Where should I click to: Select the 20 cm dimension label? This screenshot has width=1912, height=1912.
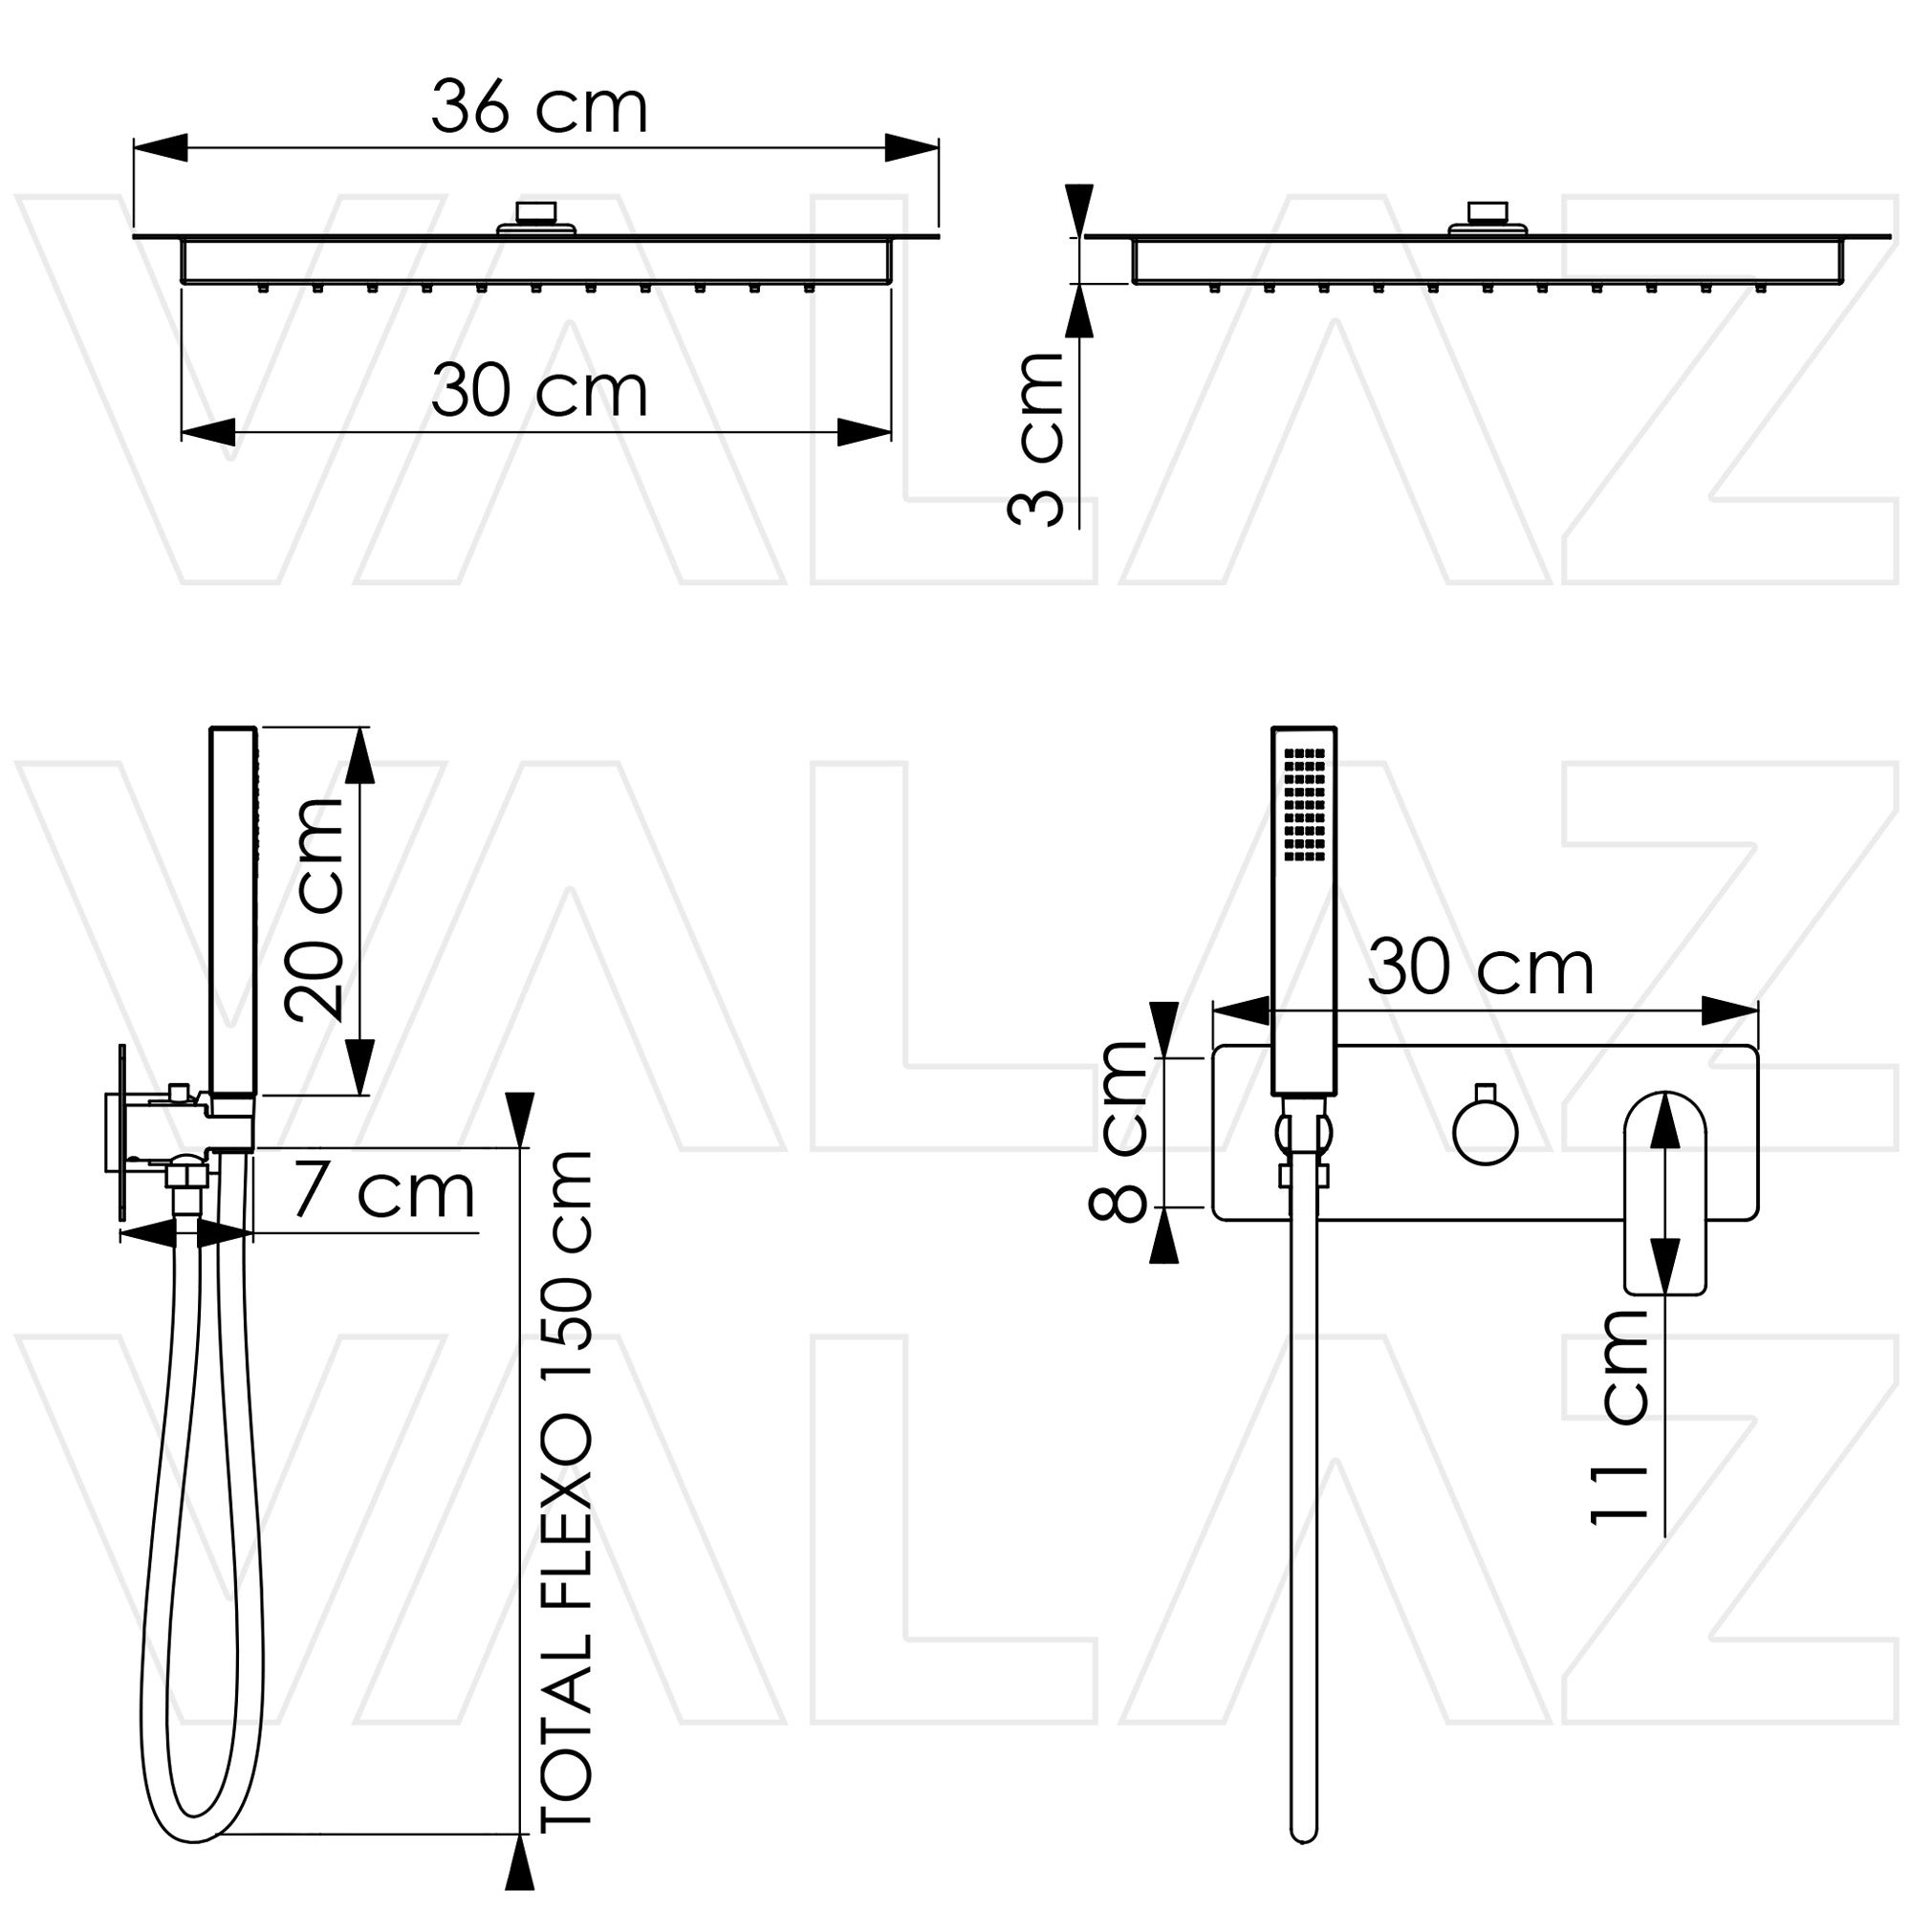tap(314, 909)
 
